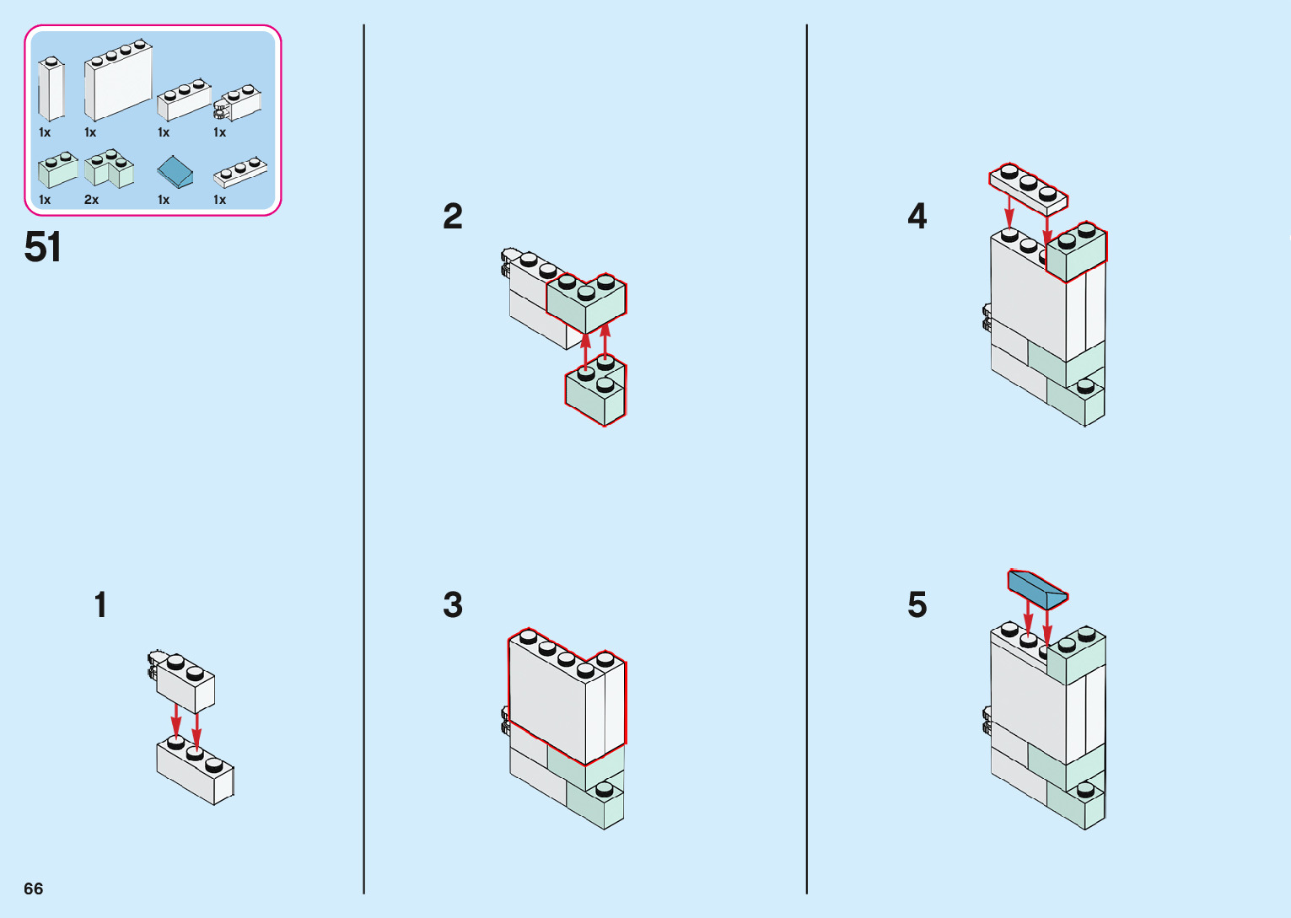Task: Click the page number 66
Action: point(34,888)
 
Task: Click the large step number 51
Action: point(43,248)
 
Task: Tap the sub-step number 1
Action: point(100,605)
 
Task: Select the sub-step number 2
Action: point(453,217)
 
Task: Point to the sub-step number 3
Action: point(453,605)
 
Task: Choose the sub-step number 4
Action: point(917,217)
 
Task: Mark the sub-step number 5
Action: point(917,605)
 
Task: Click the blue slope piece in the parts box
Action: point(175,172)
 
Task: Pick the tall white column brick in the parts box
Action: point(51,91)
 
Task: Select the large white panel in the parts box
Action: point(117,83)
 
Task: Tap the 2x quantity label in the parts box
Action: point(91,200)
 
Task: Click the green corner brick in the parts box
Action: point(109,169)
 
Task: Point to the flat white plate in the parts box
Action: point(240,172)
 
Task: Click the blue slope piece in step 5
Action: point(1036,588)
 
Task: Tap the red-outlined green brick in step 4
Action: point(1077,252)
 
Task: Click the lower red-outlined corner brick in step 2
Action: point(596,391)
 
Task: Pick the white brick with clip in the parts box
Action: point(239,103)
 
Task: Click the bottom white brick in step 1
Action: point(196,770)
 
